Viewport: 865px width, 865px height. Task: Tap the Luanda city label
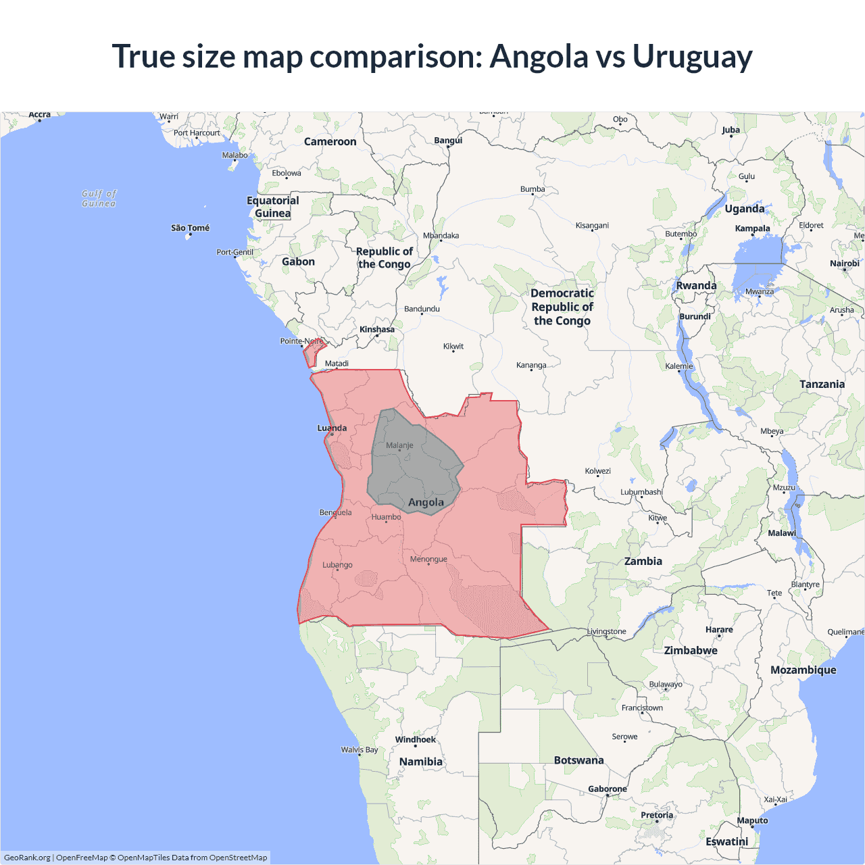[x=332, y=428]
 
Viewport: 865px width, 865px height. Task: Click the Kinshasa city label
[x=376, y=330]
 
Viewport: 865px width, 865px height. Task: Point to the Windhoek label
[x=415, y=739]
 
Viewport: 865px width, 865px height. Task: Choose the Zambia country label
[x=643, y=561]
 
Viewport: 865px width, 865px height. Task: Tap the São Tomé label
[x=190, y=228]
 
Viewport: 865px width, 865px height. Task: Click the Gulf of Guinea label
[x=99, y=198]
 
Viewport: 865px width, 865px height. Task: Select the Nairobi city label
[x=844, y=264]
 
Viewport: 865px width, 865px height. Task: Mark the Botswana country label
[x=578, y=760]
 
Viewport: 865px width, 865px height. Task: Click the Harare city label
[x=719, y=629]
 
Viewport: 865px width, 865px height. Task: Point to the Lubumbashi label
[x=641, y=492]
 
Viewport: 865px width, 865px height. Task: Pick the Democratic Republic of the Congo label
[x=562, y=307]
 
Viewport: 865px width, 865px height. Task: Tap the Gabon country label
[x=298, y=262]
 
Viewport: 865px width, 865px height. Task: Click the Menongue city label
[x=428, y=559]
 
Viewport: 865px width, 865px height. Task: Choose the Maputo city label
[x=752, y=820]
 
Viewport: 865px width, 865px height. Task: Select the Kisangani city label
[x=592, y=225]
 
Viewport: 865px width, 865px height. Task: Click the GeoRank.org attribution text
[x=27, y=858]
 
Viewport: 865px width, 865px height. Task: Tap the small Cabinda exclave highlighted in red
[x=312, y=353]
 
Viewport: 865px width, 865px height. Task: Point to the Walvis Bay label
[x=360, y=749]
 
